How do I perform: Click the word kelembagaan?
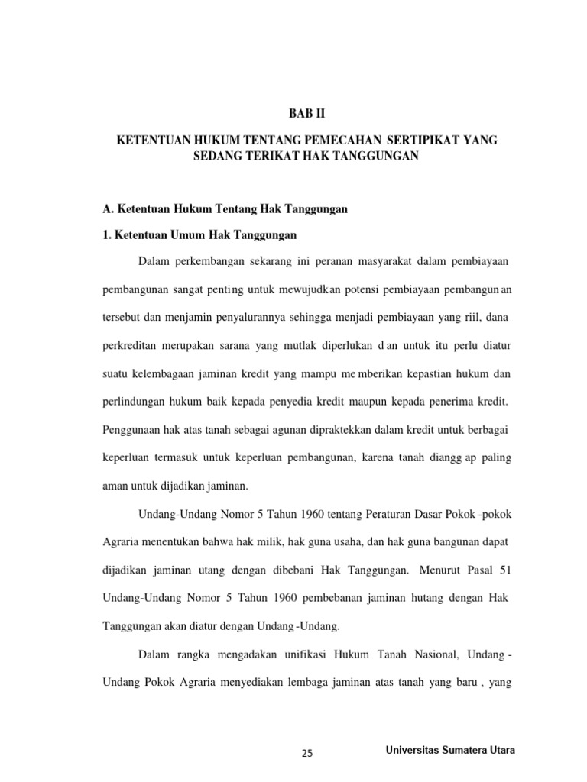[166, 373]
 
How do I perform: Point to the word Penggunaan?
[134, 428]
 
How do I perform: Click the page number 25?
[308, 754]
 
